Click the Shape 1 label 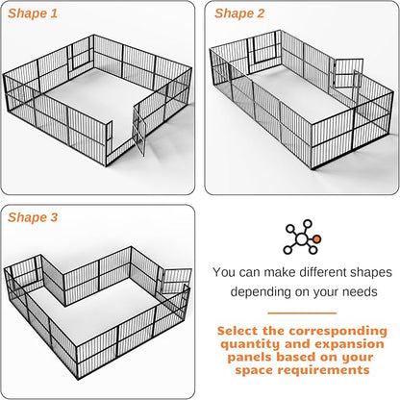(33, 13)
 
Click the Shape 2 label (239, 13)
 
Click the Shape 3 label (33, 217)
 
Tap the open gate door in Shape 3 (174, 281)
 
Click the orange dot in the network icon (317, 239)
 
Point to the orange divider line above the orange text (301, 312)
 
